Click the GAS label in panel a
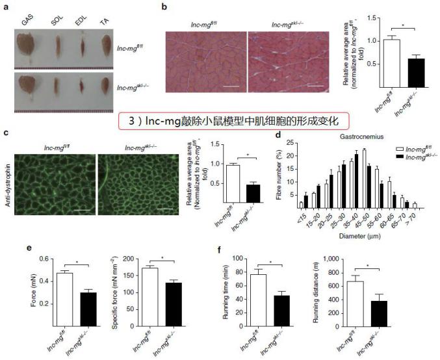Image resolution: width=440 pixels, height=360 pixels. [27, 21]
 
